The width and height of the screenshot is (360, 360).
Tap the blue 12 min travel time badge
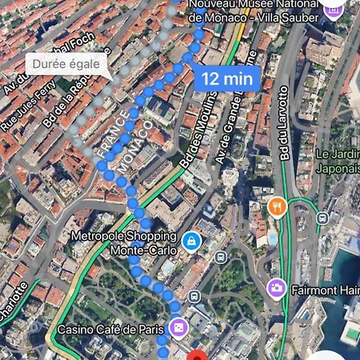[x=227, y=78]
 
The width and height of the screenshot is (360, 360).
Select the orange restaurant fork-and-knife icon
[x=278, y=206]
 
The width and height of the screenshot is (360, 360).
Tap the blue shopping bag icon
[x=191, y=241]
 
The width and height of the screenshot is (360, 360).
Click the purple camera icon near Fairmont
[x=277, y=287]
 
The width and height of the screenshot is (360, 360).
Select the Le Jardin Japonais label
[x=337, y=161]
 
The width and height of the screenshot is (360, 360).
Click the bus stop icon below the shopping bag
[x=219, y=257]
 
